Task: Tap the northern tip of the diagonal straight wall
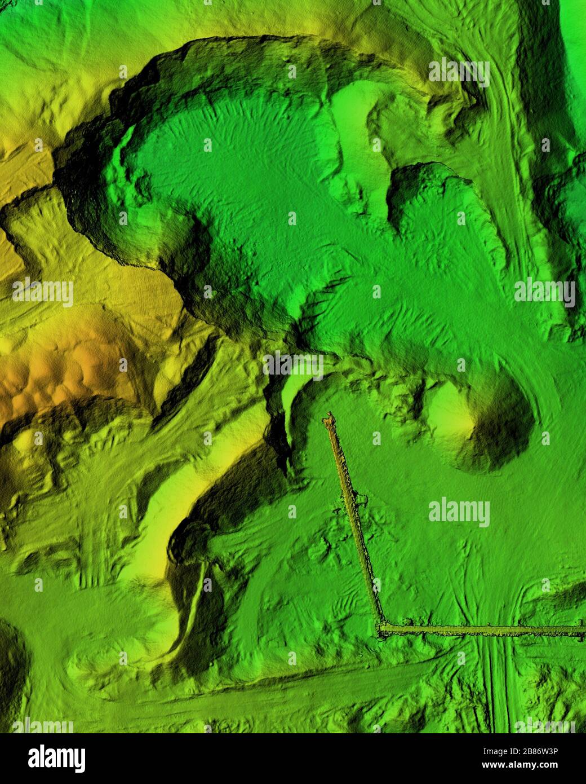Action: coord(328,419)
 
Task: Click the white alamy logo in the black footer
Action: coord(56,758)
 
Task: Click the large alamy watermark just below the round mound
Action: coord(459,512)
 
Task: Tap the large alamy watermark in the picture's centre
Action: coord(293,365)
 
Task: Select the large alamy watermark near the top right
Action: coord(459,72)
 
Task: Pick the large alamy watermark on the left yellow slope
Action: coord(43,293)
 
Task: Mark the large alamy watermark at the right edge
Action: coord(544,293)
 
